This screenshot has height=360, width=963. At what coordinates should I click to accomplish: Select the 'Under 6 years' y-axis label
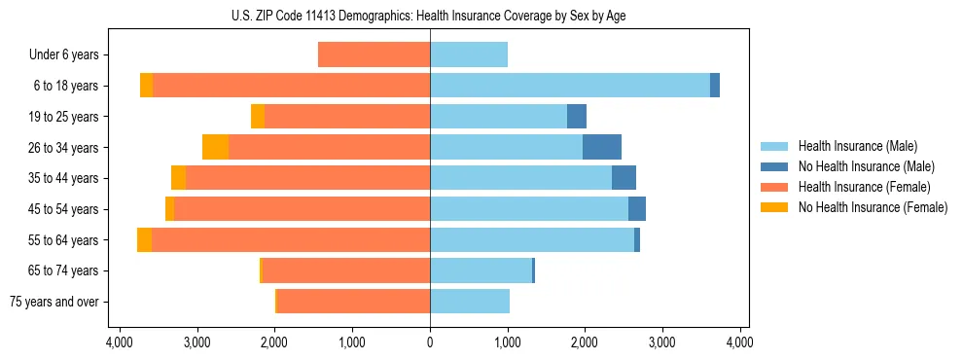(x=69, y=55)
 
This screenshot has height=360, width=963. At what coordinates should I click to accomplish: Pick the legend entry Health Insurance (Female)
(x=864, y=187)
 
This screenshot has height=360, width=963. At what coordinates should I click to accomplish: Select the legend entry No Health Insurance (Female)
(x=873, y=207)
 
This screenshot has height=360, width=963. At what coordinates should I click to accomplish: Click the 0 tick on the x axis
(x=430, y=342)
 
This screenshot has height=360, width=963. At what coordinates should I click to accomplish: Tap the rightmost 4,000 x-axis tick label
(x=739, y=342)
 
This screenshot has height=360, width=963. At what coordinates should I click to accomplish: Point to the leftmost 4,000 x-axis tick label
(x=120, y=342)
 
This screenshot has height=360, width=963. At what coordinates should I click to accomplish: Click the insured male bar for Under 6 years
(x=469, y=55)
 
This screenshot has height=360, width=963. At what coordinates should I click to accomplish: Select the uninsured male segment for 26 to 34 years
(x=602, y=148)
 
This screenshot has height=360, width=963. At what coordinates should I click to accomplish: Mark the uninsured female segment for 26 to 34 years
(x=215, y=148)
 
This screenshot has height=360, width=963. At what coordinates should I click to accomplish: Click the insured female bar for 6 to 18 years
(x=292, y=86)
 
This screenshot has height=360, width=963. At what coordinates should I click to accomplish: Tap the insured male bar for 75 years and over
(x=470, y=302)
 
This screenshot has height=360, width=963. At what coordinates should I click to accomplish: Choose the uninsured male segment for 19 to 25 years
(x=577, y=117)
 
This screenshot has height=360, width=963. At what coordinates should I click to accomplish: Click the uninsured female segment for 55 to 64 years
(x=144, y=240)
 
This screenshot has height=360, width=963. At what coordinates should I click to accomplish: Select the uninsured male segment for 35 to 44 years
(x=624, y=178)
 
